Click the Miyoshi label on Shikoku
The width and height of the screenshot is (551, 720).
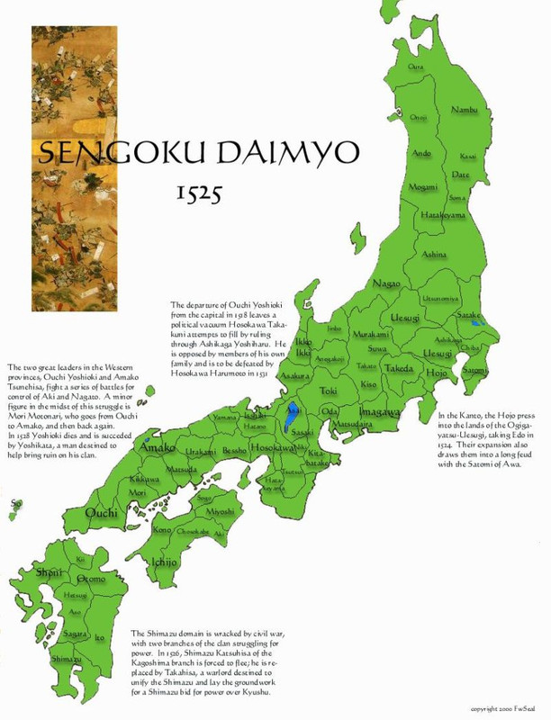[x=220, y=512]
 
